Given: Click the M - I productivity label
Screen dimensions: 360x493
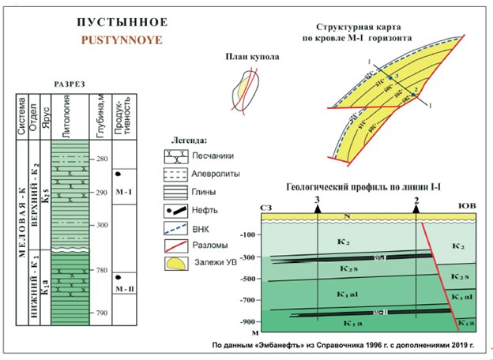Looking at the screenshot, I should [124, 192].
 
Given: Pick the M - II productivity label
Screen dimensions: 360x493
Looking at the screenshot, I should [122, 290].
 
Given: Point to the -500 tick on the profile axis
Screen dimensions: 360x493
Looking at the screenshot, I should [250, 279].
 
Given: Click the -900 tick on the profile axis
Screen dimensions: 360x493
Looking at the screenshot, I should [250, 321].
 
